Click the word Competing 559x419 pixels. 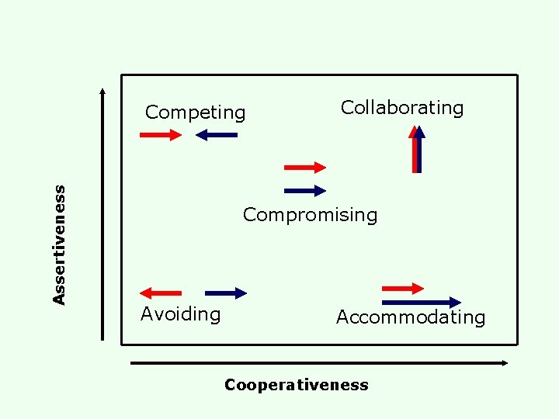pos(195,113)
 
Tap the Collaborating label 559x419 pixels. pos(402,108)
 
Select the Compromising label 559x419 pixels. pos(310,215)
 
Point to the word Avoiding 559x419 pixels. pos(180,314)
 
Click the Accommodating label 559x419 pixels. pos(411,317)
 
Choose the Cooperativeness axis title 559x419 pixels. pos(296,385)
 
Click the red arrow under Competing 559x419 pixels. pos(160,135)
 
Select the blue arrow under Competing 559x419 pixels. pos(217,135)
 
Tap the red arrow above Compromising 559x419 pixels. pos(305,167)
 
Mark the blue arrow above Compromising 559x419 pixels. pos(305,190)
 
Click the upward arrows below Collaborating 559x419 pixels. pos(418,149)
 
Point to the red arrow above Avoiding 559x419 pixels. pos(161,293)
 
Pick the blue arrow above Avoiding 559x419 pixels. pos(226,293)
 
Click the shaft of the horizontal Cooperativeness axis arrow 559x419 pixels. pos(311,362)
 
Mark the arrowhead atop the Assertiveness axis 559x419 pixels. pos(102,90)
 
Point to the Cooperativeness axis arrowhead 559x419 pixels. pos(505,362)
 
